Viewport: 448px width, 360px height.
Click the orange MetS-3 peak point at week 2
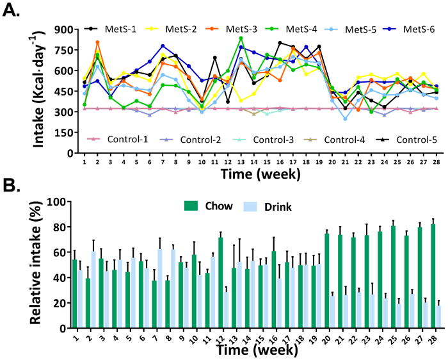coord(97,43)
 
